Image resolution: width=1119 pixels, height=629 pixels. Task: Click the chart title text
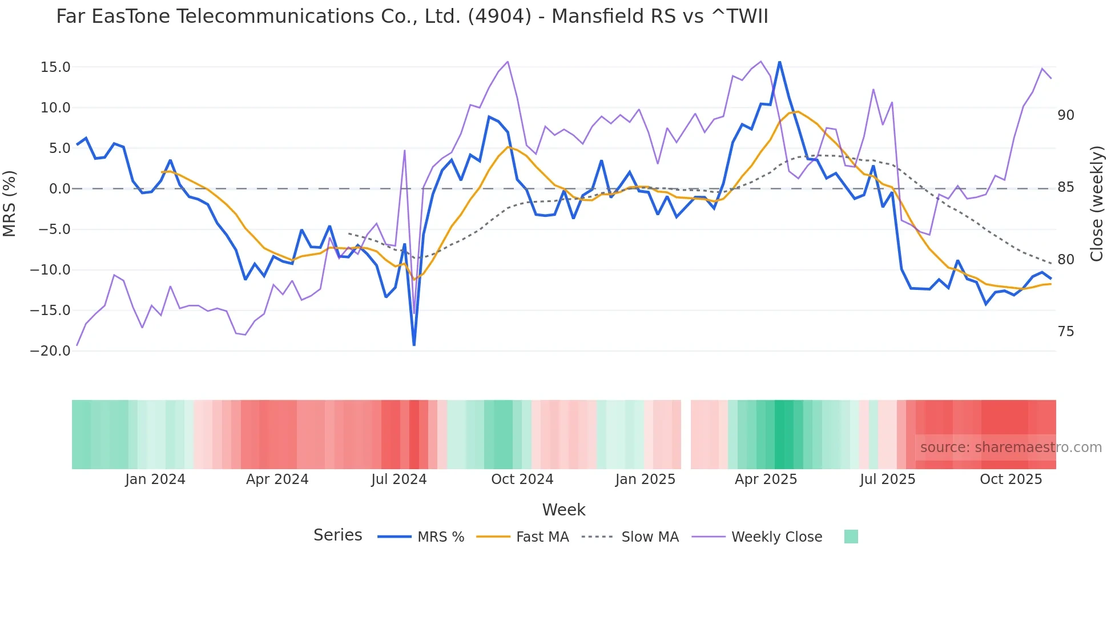(412, 17)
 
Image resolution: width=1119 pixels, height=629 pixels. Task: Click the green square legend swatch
(851, 537)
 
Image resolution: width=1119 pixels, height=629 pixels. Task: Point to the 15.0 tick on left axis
(55, 67)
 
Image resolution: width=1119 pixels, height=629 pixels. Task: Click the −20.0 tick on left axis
(50, 351)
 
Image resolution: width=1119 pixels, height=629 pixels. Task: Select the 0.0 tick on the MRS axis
(59, 189)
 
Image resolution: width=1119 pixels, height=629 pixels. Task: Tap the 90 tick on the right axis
(1065, 115)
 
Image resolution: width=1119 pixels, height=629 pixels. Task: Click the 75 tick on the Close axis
(1065, 332)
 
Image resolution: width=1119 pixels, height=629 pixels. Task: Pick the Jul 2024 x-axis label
(399, 479)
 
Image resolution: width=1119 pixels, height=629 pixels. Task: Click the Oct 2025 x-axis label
(1011, 479)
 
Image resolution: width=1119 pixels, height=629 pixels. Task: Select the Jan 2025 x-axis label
(645, 479)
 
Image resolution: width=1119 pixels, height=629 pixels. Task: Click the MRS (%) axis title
(10, 203)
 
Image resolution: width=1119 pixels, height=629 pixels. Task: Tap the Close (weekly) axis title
(1096, 203)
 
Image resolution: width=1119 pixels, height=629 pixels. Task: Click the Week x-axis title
(563, 510)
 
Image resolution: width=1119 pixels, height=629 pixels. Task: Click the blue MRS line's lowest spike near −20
(414, 345)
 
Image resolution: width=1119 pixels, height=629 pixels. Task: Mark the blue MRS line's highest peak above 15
(779, 62)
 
